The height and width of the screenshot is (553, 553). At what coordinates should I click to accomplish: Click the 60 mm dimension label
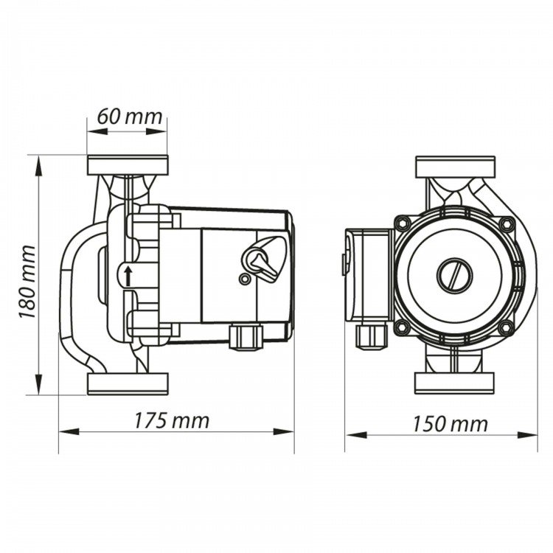pyautogui.click(x=130, y=116)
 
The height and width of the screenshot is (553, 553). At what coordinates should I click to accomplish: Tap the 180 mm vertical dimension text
pyautogui.click(x=28, y=282)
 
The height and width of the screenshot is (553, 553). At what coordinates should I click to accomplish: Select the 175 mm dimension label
pyautogui.click(x=172, y=421)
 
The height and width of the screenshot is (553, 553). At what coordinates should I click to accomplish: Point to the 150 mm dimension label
pyautogui.click(x=451, y=424)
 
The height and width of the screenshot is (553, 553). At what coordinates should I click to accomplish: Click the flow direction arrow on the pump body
pyautogui.click(x=128, y=276)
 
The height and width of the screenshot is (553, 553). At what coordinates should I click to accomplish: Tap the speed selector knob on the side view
pyautogui.click(x=263, y=259)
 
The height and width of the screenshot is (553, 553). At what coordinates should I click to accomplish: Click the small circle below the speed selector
pyautogui.click(x=244, y=279)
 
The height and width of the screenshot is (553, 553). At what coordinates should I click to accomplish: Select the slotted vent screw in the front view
pyautogui.click(x=456, y=275)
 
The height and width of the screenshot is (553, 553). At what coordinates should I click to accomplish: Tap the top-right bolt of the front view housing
pyautogui.click(x=507, y=223)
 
